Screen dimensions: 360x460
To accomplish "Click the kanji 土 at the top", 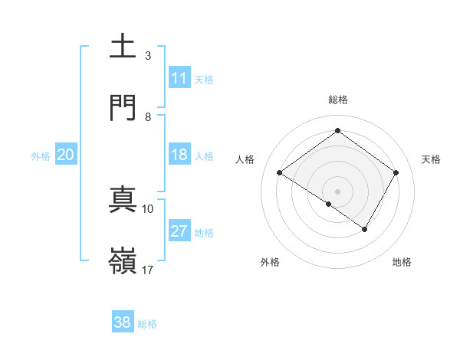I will click(x=123, y=47).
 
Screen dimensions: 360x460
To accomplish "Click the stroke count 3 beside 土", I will click(x=148, y=55).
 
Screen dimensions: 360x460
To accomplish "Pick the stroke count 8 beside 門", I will click(x=148, y=116).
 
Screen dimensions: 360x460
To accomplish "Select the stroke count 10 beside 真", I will click(x=148, y=208).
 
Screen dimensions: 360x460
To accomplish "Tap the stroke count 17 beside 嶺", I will click(x=148, y=270).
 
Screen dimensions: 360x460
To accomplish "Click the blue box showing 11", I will click(x=179, y=78).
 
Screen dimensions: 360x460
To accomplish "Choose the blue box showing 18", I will click(x=179, y=155).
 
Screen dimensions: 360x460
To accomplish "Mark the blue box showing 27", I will click(x=179, y=231).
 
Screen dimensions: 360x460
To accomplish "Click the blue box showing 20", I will click(x=66, y=155).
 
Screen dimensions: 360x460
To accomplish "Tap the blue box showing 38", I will click(x=123, y=322).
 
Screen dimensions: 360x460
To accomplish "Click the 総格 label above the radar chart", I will click(x=338, y=100).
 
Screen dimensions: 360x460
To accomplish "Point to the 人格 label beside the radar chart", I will click(x=245, y=159).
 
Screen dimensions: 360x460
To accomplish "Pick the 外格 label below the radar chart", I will click(x=270, y=262).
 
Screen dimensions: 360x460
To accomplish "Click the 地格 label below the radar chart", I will click(x=402, y=262).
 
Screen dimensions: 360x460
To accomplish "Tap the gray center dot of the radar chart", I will click(x=337, y=191).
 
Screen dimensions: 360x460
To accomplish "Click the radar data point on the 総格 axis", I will click(x=337, y=131).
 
